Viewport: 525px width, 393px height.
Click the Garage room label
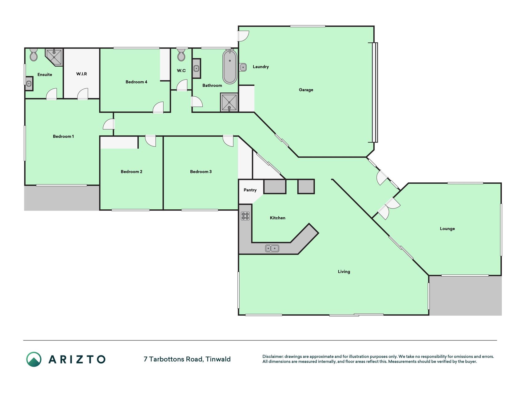306,90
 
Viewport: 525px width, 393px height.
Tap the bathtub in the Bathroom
230,66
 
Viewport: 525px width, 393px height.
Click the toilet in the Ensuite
34,55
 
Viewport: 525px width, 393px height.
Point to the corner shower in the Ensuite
54,57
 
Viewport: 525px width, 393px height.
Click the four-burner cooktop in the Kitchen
245,216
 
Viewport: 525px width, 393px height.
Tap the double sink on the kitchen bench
272,248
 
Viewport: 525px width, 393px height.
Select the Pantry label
250,190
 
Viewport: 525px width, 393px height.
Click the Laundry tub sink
243,67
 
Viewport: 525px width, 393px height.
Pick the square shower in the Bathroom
229,102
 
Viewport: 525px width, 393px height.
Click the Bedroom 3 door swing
228,141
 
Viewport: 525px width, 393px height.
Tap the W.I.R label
82,74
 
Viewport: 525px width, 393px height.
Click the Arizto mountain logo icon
34,359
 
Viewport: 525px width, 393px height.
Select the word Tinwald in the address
218,359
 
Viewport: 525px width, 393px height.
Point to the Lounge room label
447,229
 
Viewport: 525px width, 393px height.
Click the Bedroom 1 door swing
109,124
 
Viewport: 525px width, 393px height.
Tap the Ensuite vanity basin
29,84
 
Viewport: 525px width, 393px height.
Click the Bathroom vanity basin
196,68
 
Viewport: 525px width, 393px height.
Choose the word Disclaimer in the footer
273,356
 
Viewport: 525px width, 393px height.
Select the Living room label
344,272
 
